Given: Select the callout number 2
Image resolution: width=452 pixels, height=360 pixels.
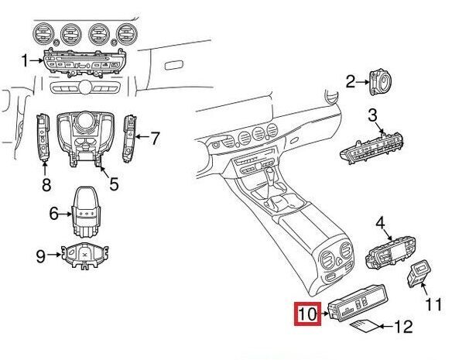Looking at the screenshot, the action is coord(350,82).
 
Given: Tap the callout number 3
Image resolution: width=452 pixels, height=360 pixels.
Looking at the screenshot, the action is coord(372,115).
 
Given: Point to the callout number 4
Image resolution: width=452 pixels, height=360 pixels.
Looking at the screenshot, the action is coord(380,223).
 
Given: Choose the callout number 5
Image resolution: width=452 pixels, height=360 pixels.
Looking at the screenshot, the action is coord(114,183).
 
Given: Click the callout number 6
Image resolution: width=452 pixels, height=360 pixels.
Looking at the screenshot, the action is coord(54,214).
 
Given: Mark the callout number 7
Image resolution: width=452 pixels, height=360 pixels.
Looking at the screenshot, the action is coord(155,139).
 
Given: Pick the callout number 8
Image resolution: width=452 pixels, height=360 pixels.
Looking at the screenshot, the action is coord(46,184).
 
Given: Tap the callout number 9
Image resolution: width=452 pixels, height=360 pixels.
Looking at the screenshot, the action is coord(41,256).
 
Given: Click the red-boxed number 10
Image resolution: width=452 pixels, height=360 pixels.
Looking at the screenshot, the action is coord(307,314).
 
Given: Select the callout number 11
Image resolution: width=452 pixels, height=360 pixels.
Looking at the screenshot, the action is coord(433,304).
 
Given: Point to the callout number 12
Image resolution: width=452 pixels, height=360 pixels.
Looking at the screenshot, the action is coord(403,327).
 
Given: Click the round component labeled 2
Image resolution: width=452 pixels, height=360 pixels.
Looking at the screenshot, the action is coord(381,82).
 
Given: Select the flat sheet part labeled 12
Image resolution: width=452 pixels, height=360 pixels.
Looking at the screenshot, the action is coord(365,326).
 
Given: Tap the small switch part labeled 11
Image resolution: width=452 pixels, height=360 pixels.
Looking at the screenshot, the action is coord(418,274).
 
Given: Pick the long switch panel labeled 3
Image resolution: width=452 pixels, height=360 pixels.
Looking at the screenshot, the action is coord(372,149).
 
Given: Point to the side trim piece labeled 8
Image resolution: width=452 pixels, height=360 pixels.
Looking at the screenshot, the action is coord(43,137).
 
